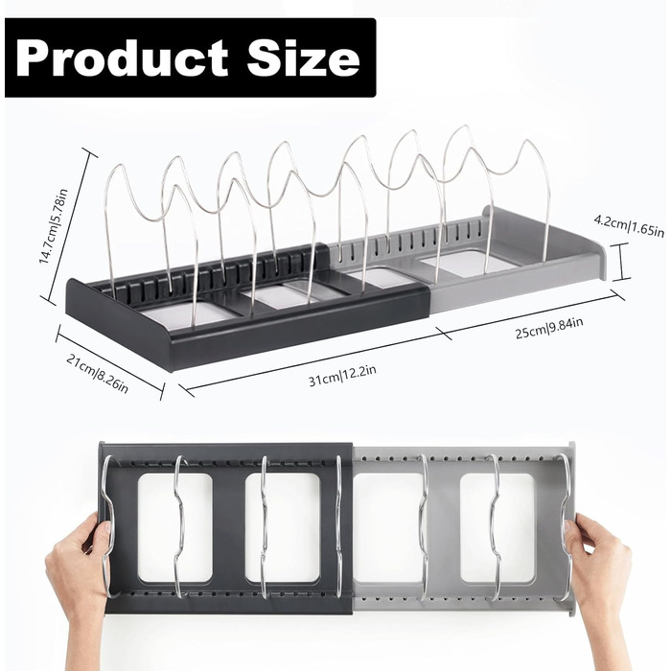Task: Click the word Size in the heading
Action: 303,57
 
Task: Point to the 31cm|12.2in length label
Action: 342,375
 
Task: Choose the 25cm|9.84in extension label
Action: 548,327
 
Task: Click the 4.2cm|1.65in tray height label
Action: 629,225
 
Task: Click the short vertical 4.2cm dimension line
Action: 621,262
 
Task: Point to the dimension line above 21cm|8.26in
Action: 110,362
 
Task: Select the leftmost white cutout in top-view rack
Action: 175,527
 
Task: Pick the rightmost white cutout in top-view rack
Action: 497,527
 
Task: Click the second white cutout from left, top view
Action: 283,527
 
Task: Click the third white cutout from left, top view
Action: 390,527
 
